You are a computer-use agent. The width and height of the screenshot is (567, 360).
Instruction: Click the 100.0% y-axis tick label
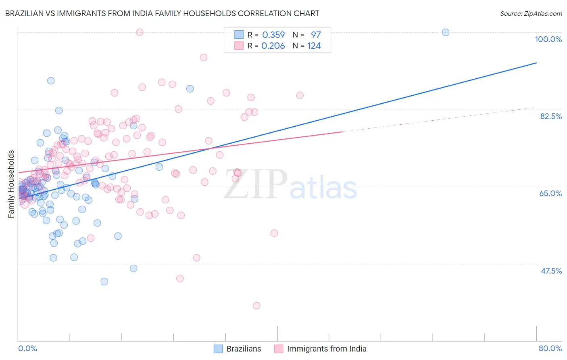pyautogui.click(x=548, y=39)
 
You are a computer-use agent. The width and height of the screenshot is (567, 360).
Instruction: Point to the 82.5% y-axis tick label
pyautogui.click(x=551, y=116)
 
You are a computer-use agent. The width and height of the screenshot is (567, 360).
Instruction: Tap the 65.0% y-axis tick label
pyautogui.click(x=550, y=193)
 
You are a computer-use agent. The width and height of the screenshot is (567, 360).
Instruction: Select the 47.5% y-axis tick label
pyautogui.click(x=551, y=271)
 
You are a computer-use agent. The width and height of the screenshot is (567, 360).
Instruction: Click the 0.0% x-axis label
pyautogui.click(x=27, y=348)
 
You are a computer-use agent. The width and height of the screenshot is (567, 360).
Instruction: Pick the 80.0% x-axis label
pyautogui.click(x=550, y=348)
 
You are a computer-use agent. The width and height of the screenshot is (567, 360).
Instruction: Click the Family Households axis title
pyautogui.click(x=11, y=184)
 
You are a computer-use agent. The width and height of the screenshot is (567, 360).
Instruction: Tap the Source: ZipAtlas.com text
pyautogui.click(x=531, y=13)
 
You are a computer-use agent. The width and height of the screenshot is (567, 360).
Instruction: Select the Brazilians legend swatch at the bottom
pyautogui.click(x=218, y=349)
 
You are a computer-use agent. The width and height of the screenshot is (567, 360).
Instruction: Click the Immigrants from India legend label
pyautogui.click(x=327, y=349)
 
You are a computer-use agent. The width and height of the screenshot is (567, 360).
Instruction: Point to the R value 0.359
pyautogui.click(x=273, y=35)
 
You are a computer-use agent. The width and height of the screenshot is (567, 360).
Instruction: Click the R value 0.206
pyautogui.click(x=273, y=46)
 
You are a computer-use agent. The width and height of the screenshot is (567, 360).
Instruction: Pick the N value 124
pyautogui.click(x=314, y=46)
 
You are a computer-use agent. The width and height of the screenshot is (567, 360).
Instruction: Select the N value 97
pyautogui.click(x=316, y=35)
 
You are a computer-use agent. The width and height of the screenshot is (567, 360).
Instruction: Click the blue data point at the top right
pyautogui.click(x=446, y=32)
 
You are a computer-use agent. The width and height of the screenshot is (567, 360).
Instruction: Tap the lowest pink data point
pyautogui.click(x=256, y=306)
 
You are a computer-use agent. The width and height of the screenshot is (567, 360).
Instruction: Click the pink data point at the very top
pyautogui.click(x=140, y=32)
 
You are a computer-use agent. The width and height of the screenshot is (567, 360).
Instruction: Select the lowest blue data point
pyautogui.click(x=104, y=281)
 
